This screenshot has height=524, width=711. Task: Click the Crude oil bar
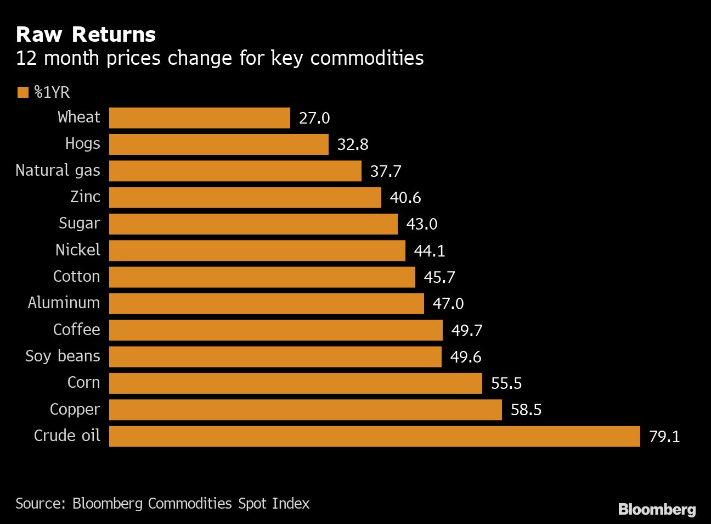374,436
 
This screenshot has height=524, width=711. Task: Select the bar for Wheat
200,118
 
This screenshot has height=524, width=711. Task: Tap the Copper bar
305,410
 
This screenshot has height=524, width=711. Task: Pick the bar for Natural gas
235,171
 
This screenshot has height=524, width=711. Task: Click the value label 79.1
664,437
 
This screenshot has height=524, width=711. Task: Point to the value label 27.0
314,118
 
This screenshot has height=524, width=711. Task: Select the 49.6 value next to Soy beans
466,357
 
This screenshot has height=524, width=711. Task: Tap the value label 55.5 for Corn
506,383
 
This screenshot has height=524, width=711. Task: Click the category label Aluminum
64,303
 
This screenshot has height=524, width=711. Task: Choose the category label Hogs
83,144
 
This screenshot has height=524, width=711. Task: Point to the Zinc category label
86,197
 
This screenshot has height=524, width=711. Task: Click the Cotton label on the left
77,276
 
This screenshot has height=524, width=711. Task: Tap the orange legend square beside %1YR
23,92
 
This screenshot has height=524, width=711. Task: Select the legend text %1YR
52,92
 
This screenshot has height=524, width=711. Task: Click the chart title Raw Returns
86,35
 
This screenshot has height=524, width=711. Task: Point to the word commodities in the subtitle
367,58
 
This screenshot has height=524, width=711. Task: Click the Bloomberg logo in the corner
657,509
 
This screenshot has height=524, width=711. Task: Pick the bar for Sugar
253,224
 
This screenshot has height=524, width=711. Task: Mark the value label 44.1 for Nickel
430,251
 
